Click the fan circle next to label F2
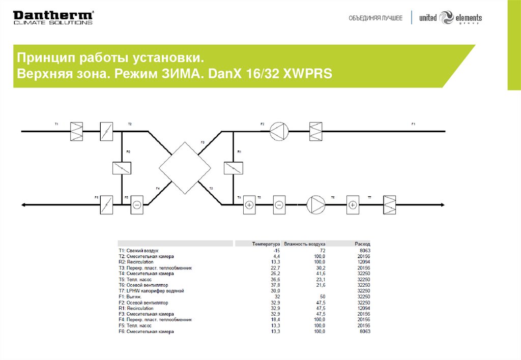pos(278,131)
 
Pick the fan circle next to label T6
pos(315,204)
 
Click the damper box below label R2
pos(122,168)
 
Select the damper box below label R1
pos(233,168)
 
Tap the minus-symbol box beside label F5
pos(137,204)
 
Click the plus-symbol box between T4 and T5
pos(249,204)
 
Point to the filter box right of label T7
pos(390,204)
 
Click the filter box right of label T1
pos(76,131)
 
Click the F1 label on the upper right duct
pos(413,124)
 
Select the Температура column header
pos(266,244)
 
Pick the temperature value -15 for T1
pos(276,251)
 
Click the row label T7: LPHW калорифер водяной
pos(151,290)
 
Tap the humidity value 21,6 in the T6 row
pos(320,285)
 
